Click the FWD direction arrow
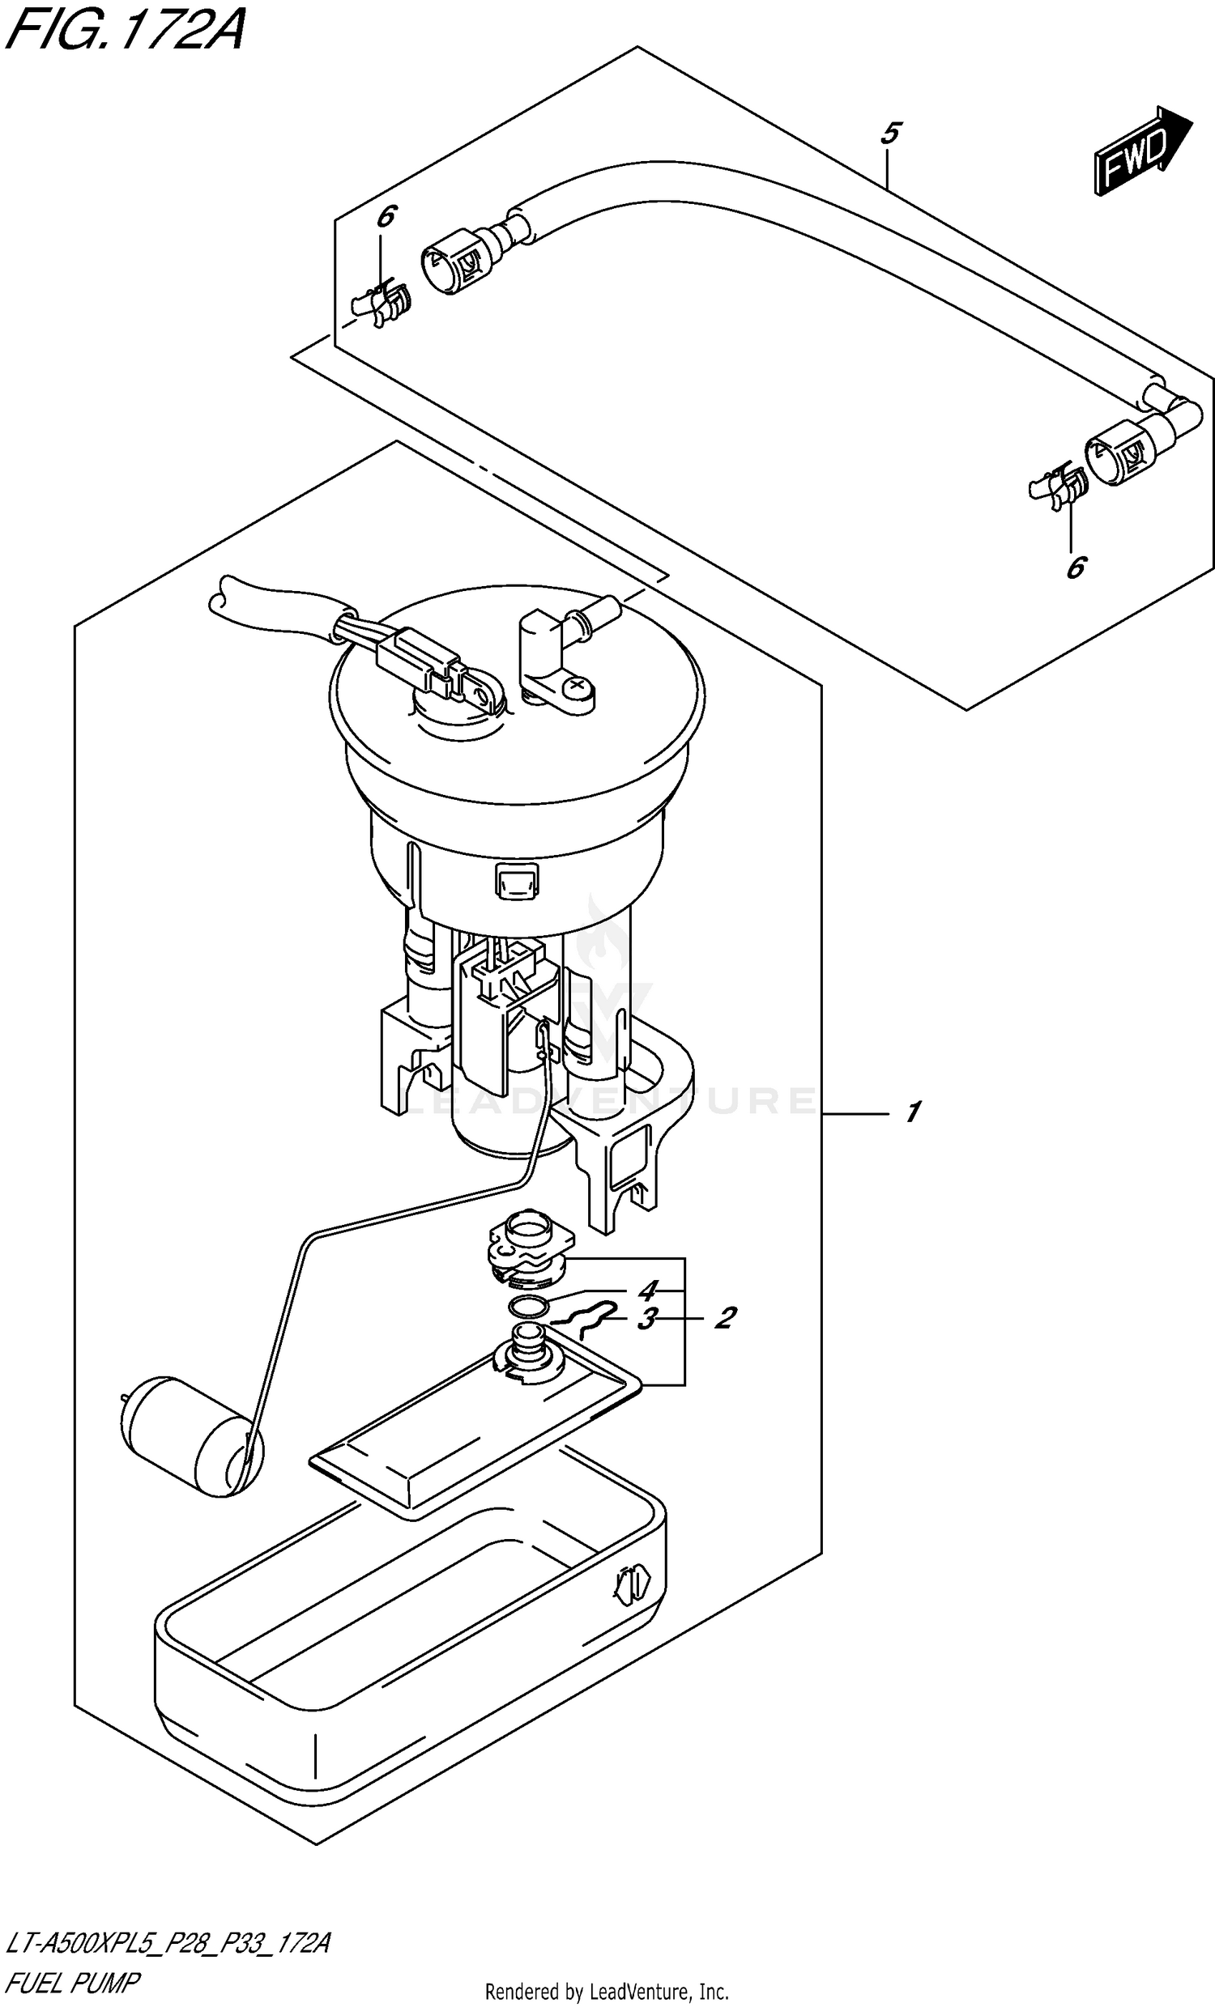tap(1141, 151)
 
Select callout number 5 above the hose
tap(890, 132)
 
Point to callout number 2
tap(725, 1317)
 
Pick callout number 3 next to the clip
tap(646, 1319)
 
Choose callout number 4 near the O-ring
tap(647, 1291)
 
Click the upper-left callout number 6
tap(386, 217)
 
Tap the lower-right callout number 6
tap(1076, 567)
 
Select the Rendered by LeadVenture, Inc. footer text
tap(607, 1985)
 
